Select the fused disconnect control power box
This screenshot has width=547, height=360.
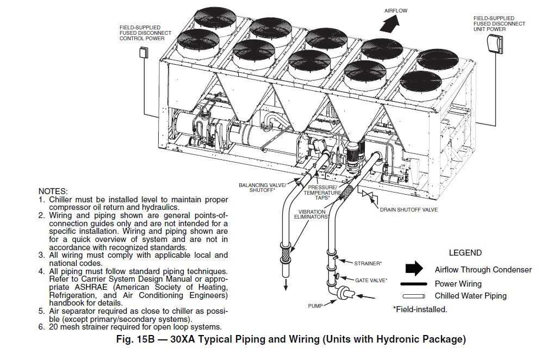(x=144, y=53)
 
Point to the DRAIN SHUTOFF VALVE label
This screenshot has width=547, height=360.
(x=409, y=209)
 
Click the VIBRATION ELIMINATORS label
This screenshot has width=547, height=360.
(x=313, y=214)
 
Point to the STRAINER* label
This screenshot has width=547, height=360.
(x=368, y=263)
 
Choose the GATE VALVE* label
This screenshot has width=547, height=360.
(x=371, y=280)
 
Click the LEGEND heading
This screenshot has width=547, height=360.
(x=464, y=253)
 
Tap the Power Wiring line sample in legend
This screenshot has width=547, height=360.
(x=414, y=284)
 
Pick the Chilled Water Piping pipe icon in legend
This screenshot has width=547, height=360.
(x=414, y=296)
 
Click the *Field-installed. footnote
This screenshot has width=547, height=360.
(x=420, y=309)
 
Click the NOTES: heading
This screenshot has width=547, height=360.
(x=53, y=191)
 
